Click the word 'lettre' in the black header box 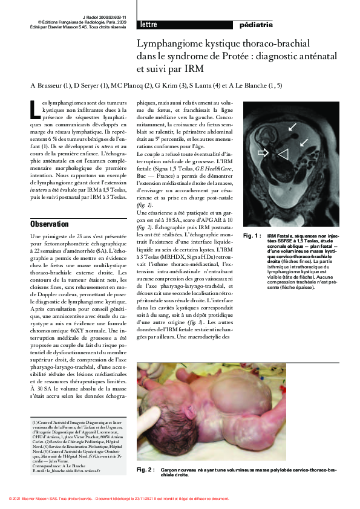[x=149, y=25]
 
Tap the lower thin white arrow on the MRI [x=304, y=142]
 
